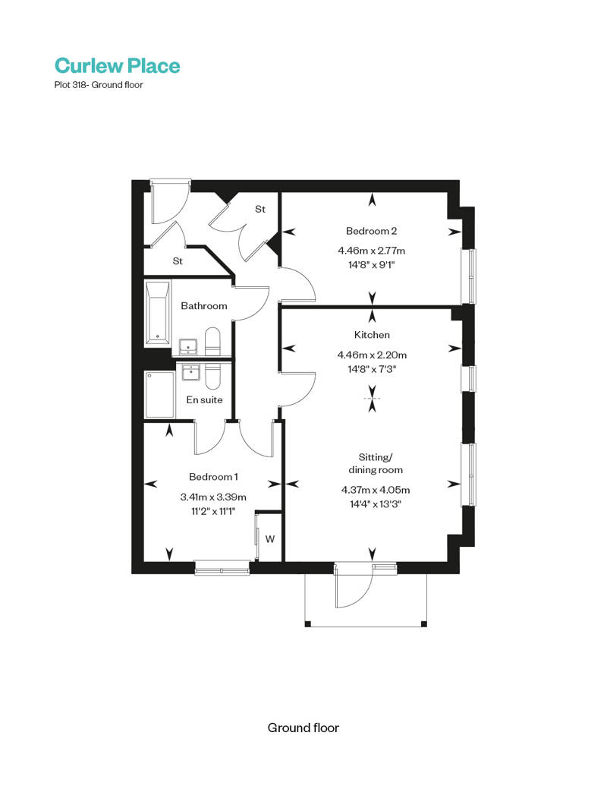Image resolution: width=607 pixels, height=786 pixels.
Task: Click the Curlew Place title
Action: pyautogui.click(x=117, y=65)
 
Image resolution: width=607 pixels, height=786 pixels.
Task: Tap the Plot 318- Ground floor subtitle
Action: pyautogui.click(x=99, y=85)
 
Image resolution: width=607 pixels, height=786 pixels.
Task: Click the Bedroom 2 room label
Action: pyautogui.click(x=371, y=231)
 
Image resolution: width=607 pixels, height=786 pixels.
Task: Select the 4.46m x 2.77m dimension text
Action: pyautogui.click(x=371, y=251)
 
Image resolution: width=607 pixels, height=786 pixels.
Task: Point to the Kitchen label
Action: pyautogui.click(x=372, y=335)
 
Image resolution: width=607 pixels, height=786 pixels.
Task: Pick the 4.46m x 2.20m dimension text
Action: pyautogui.click(x=372, y=355)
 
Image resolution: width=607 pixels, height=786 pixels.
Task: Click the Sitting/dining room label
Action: pyautogui.click(x=376, y=463)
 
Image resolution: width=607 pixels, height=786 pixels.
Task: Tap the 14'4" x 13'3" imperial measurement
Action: pyautogui.click(x=376, y=503)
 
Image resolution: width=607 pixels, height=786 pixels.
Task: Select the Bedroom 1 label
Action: pyautogui.click(x=213, y=477)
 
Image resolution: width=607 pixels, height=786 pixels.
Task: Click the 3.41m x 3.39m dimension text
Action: pyautogui.click(x=213, y=497)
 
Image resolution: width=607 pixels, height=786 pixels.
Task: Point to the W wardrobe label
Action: pyautogui.click(x=270, y=539)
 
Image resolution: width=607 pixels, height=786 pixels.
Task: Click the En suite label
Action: pyautogui.click(x=204, y=399)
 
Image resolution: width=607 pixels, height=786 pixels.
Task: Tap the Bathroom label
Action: pyautogui.click(x=204, y=306)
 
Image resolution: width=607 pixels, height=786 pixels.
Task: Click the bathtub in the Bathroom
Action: pyautogui.click(x=157, y=314)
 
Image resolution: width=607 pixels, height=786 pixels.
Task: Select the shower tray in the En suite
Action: pyautogui.click(x=160, y=394)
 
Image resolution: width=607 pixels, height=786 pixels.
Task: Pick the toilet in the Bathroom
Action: pyautogui.click(x=212, y=341)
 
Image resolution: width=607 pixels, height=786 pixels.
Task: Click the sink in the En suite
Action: pyautogui.click(x=190, y=372)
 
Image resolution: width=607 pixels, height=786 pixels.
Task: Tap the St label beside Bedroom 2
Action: pyautogui.click(x=260, y=209)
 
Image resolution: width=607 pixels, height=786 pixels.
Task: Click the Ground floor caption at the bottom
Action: pyautogui.click(x=303, y=728)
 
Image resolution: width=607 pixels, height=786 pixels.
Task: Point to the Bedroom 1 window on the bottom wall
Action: pyautogui.click(x=222, y=568)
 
